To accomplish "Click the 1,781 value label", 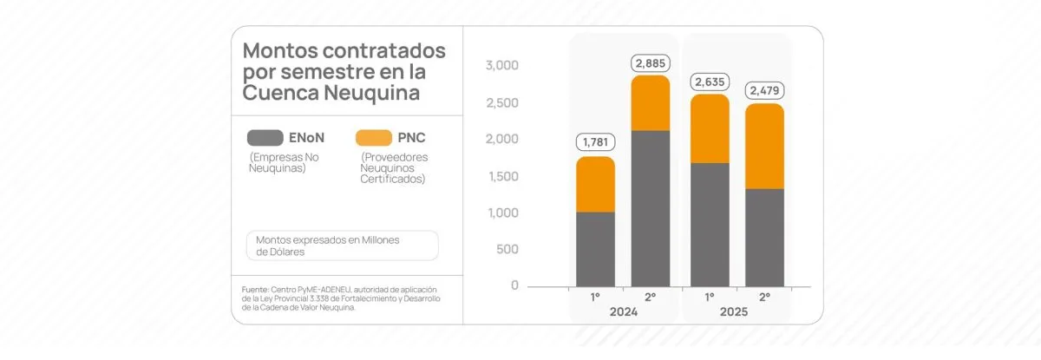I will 595,141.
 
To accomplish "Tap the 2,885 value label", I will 651,62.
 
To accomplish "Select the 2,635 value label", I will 709,82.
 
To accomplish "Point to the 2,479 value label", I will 764,89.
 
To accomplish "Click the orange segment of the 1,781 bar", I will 595,184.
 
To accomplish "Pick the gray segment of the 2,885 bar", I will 651,208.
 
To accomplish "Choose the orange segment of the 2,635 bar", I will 709,128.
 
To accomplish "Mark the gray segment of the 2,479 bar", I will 764,238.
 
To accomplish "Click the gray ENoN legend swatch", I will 265,137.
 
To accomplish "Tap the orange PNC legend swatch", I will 374,137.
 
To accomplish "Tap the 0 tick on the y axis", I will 514,286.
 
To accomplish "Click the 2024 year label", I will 623,311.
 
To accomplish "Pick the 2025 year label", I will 737,311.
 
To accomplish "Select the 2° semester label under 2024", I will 651,297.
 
